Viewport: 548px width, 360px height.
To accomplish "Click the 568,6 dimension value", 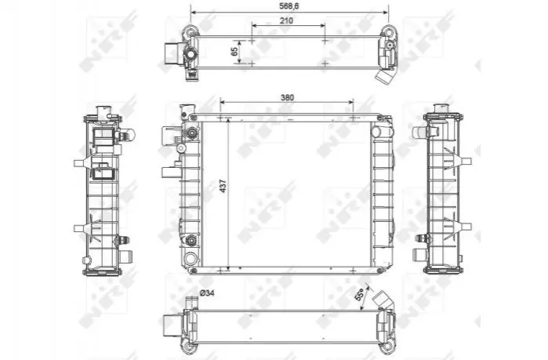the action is [x=289, y=6].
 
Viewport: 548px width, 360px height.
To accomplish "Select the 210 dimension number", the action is [x=286, y=20].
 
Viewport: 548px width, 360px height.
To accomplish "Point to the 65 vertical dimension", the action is [x=234, y=51].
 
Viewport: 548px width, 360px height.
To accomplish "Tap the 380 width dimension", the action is [x=287, y=97].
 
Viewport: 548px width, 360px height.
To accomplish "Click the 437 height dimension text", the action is [x=223, y=186].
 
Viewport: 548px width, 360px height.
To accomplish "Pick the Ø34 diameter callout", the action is [x=206, y=293].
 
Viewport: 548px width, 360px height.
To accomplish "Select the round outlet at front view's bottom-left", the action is [x=191, y=259].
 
